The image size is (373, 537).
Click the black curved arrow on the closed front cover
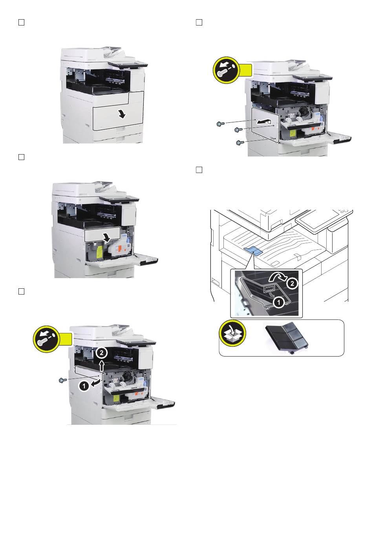point(122,115)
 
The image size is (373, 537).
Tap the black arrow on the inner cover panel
point(106,238)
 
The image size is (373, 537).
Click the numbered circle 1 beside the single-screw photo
point(84,386)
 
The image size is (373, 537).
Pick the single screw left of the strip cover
point(63,380)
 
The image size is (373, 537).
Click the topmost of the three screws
point(220,124)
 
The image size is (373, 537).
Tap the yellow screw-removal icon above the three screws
point(227,70)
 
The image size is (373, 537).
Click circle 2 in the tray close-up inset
point(292,284)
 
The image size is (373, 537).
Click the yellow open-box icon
point(232,333)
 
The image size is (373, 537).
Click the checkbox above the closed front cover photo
point(21,22)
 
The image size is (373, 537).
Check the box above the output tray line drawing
point(199,170)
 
